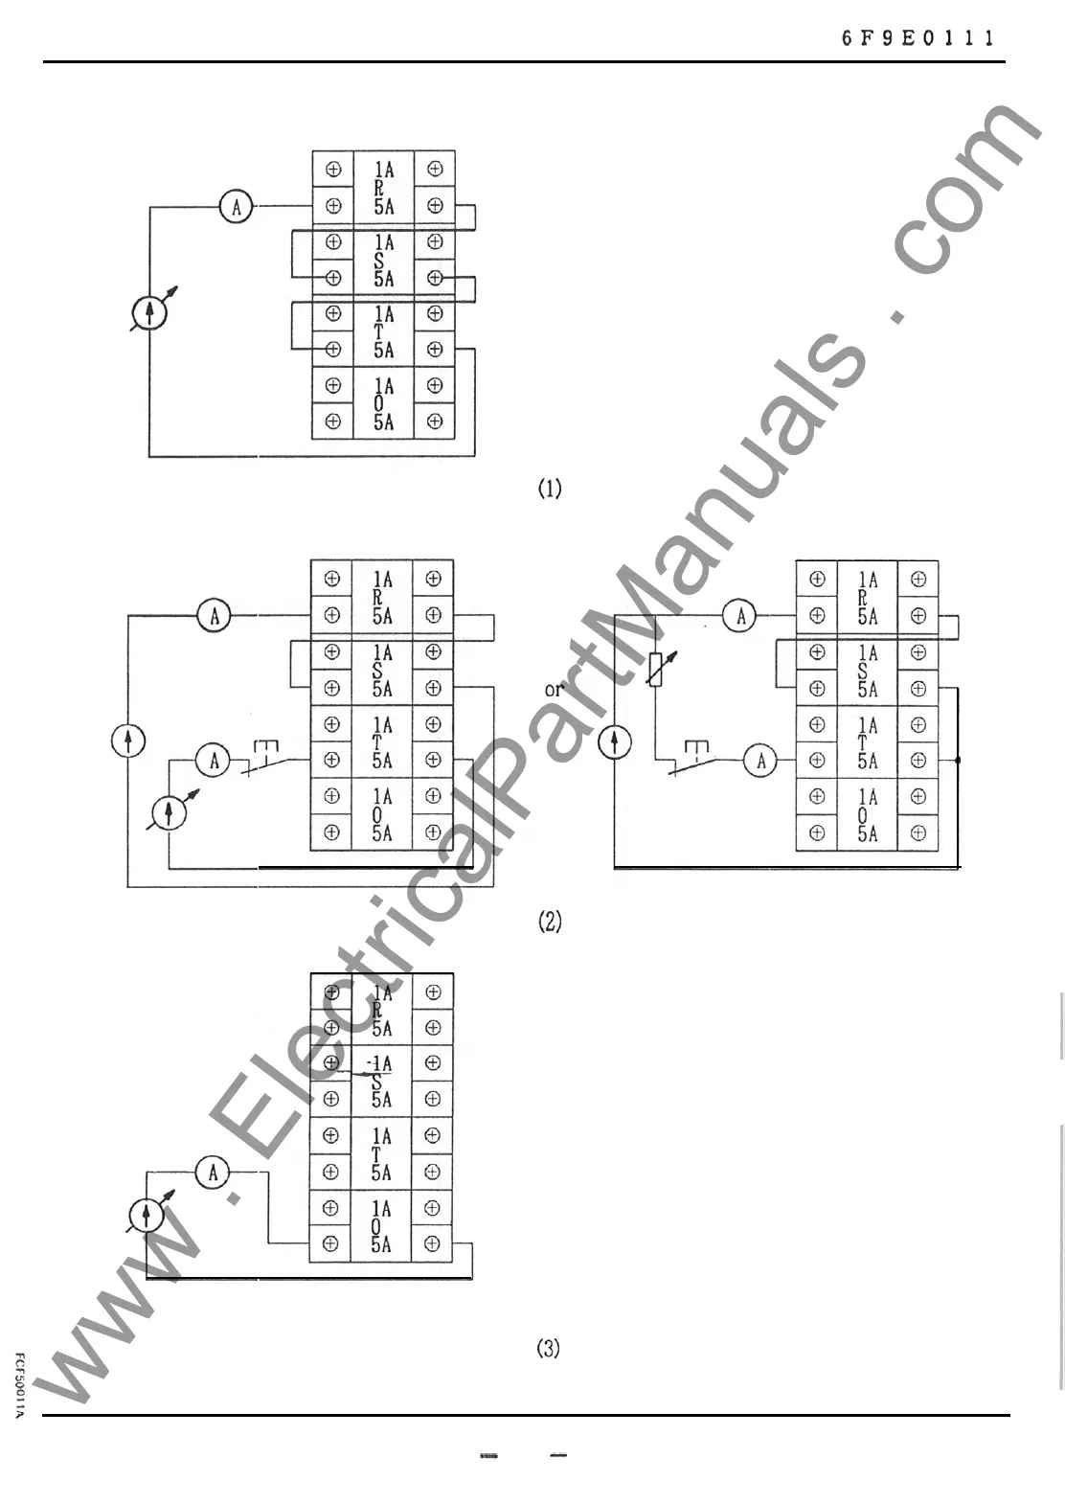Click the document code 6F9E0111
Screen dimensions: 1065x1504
[x=918, y=38]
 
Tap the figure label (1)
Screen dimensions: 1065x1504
[x=549, y=489]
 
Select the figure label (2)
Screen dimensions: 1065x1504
[x=550, y=922]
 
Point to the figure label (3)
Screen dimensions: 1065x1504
[x=548, y=1348]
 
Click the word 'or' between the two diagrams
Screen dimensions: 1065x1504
[x=554, y=690]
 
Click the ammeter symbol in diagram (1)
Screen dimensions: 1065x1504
[x=237, y=206]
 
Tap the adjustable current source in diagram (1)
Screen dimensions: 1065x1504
[x=149, y=312]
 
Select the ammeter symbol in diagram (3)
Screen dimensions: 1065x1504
[x=213, y=1172]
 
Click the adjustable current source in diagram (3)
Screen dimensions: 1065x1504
[x=147, y=1216]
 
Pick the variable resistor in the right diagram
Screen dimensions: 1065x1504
[x=656, y=668]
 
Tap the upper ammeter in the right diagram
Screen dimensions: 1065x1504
[x=739, y=616]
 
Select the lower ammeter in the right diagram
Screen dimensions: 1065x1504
[x=760, y=761]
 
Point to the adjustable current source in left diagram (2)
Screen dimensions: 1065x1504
[x=170, y=813]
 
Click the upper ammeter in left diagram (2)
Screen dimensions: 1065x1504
[x=214, y=616]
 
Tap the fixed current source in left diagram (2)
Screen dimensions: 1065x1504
[x=128, y=741]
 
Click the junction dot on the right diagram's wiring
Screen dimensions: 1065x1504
[x=959, y=761]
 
